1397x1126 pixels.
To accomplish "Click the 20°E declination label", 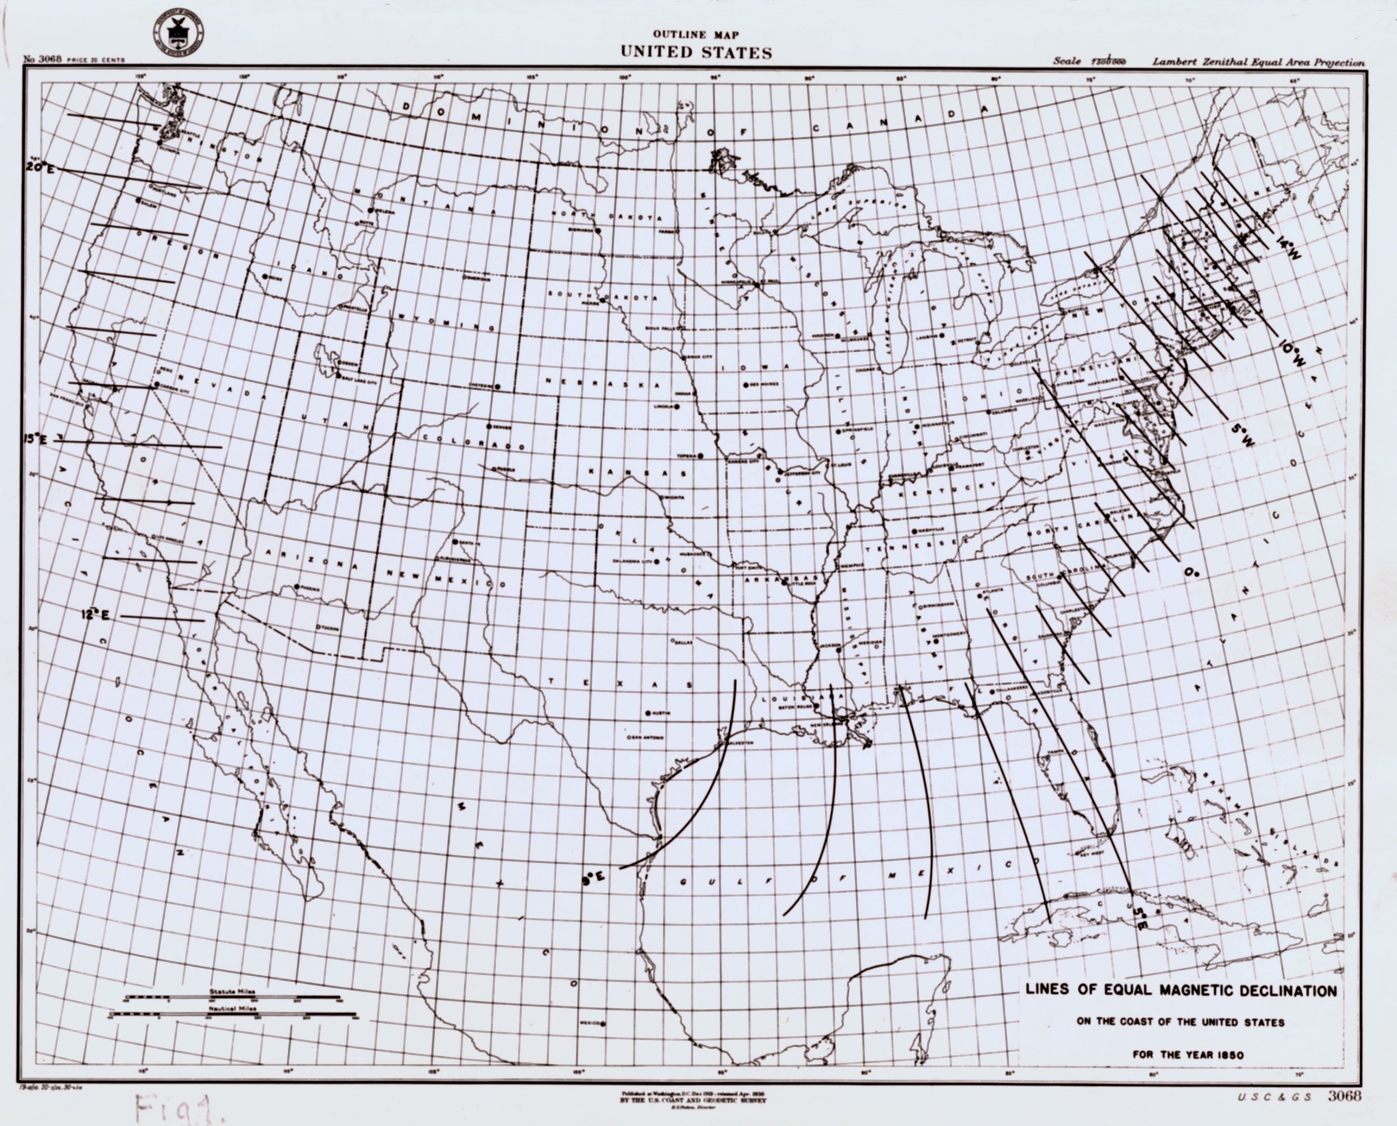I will point(41,167).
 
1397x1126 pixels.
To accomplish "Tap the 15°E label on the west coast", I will point(36,440).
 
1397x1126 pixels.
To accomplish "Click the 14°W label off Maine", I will point(1289,249).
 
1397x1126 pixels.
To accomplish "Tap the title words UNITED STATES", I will point(696,53).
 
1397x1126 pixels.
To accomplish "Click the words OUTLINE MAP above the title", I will point(696,34).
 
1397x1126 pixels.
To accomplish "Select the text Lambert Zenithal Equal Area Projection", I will point(1258,62).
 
